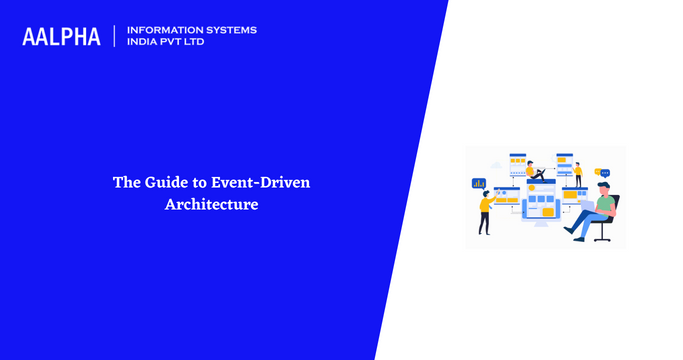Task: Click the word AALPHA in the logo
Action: tap(61, 36)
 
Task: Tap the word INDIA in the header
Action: tap(142, 43)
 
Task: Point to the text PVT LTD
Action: tap(184, 43)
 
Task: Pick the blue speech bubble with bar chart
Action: tap(479, 183)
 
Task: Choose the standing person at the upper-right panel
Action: tap(578, 174)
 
